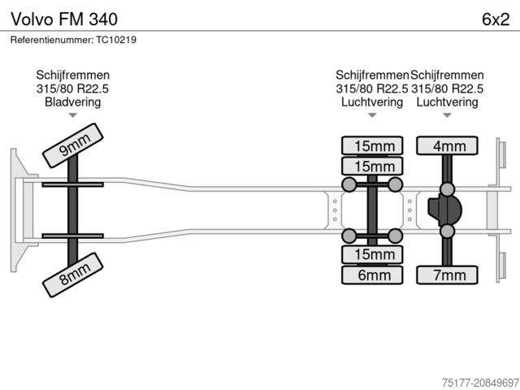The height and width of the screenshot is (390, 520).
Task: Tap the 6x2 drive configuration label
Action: [x=495, y=19]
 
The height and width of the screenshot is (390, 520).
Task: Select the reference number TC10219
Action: [x=116, y=40]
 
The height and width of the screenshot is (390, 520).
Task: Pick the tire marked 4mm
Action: [x=448, y=146]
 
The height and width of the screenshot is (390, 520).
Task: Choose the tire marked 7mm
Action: [x=448, y=275]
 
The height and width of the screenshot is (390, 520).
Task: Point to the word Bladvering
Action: [x=73, y=102]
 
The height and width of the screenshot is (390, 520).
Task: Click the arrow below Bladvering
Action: [x=73, y=115]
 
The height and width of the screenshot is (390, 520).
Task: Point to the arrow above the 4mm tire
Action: [x=447, y=115]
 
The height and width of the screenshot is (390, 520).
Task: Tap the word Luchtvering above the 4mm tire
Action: [x=447, y=102]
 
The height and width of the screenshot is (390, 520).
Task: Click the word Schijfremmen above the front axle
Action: [x=73, y=75]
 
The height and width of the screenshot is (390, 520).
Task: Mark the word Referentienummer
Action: [x=51, y=40]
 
